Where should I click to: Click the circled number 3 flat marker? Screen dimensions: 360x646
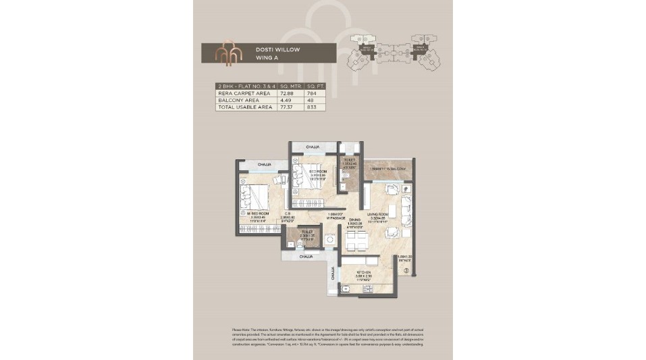(406, 272)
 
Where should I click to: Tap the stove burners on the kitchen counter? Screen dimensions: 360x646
(369, 289)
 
